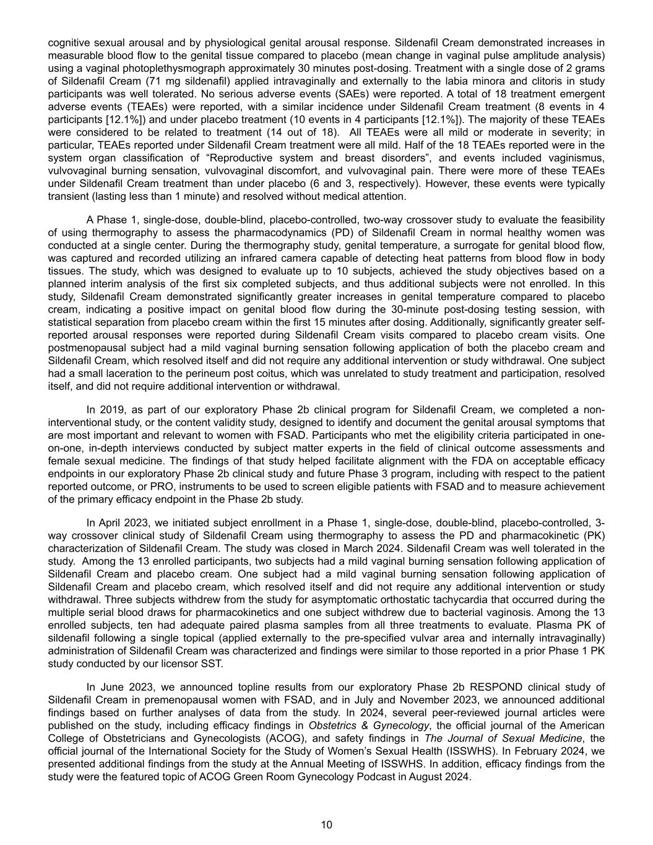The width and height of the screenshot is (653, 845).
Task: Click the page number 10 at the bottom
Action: pos(327,824)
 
